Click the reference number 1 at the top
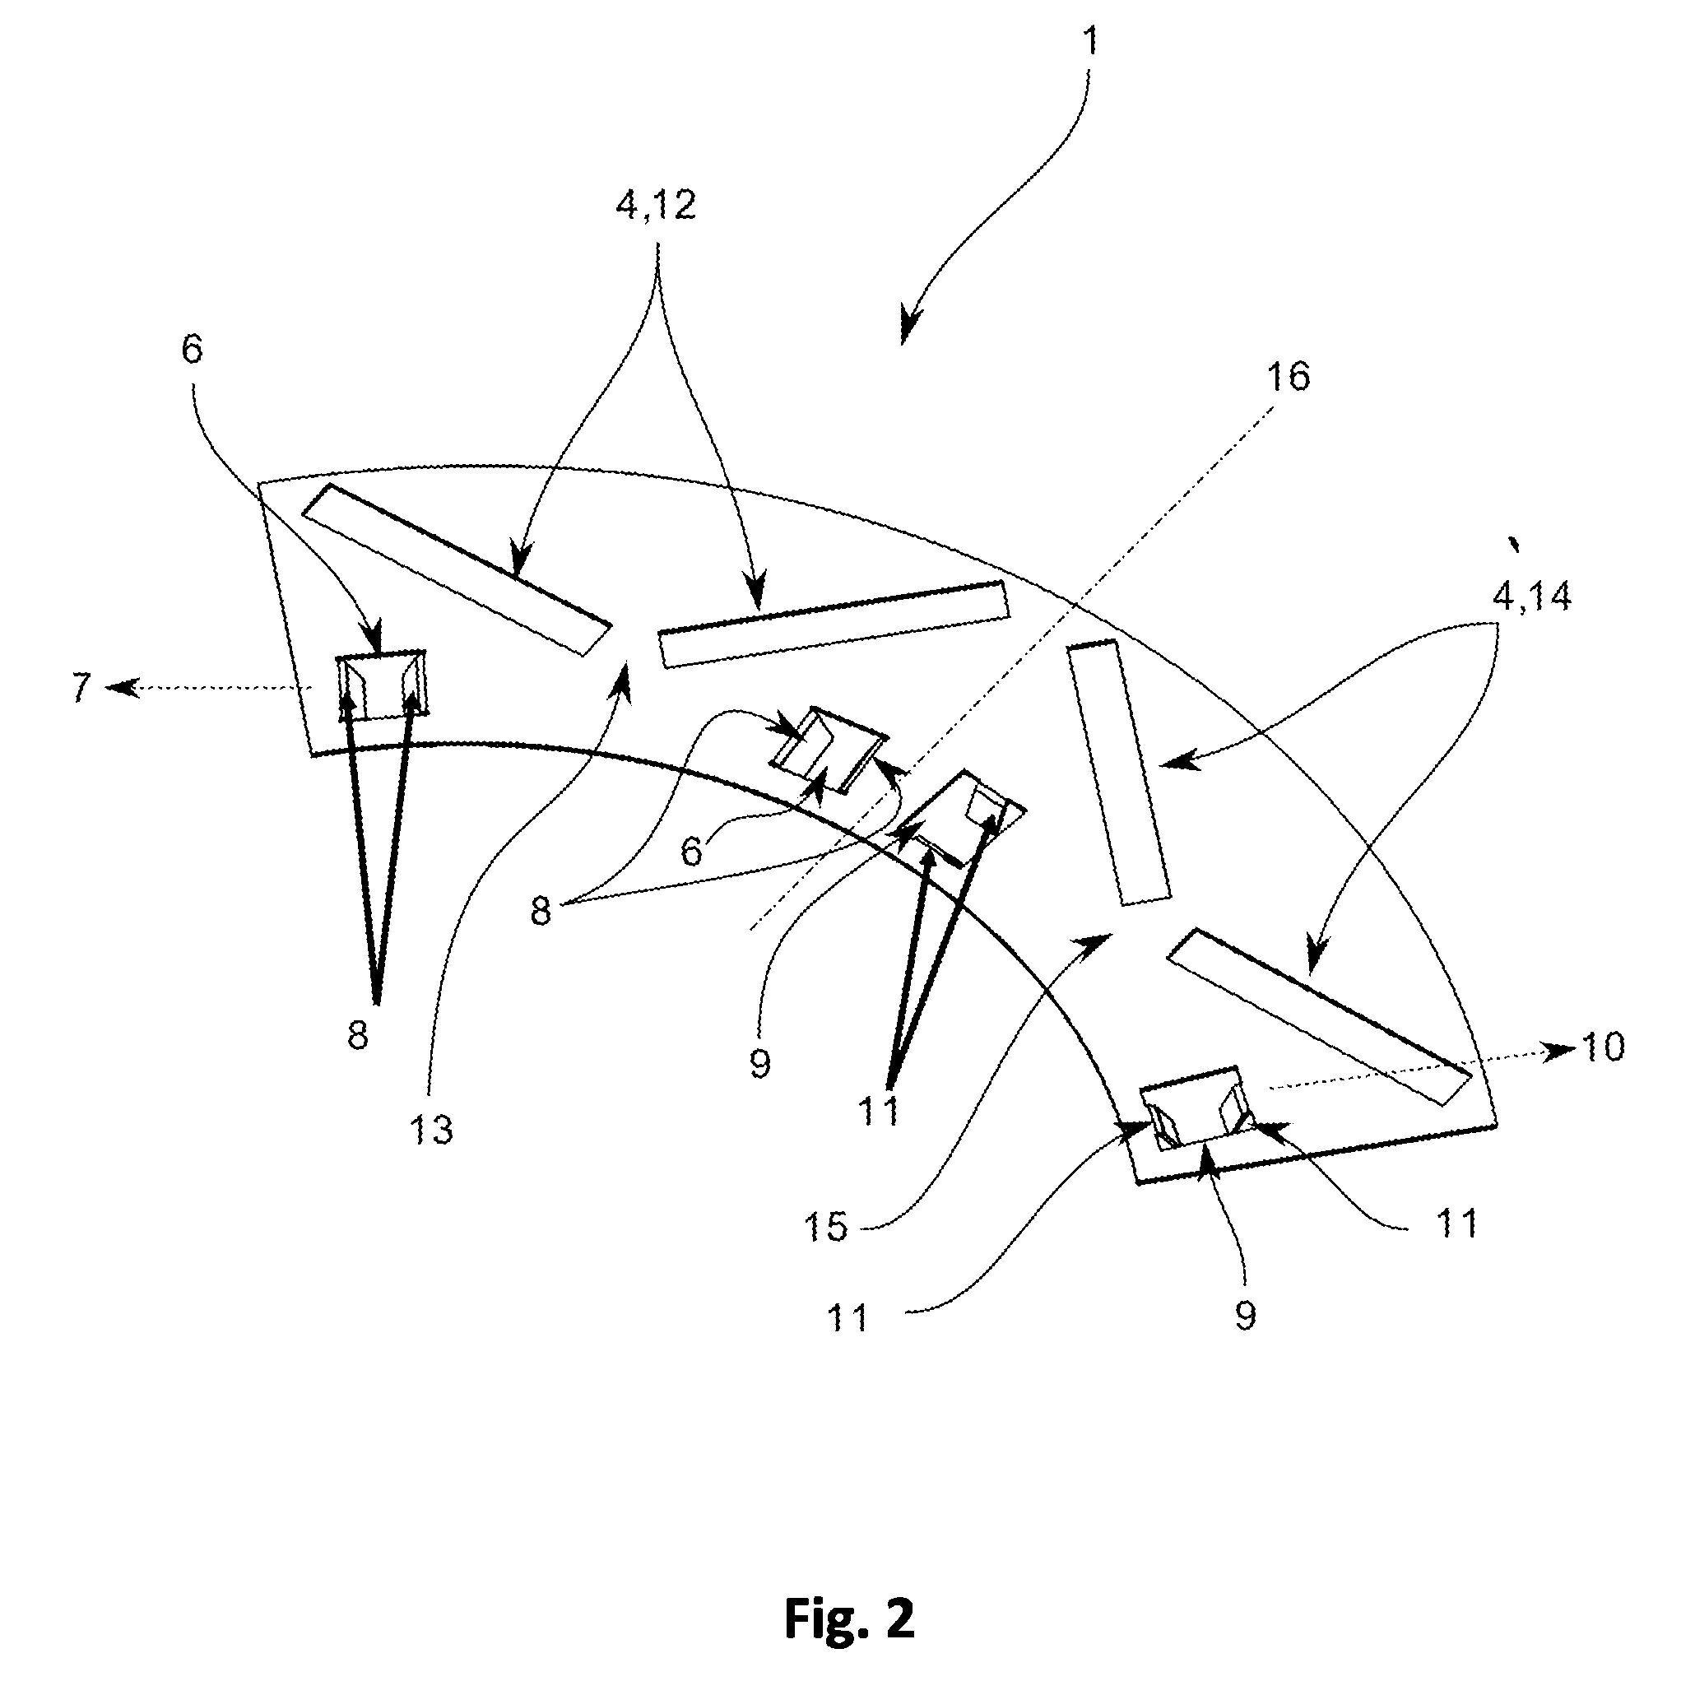click(x=1090, y=41)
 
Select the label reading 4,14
click(x=1532, y=597)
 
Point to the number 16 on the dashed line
click(x=1288, y=376)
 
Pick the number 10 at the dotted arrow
click(x=1602, y=1047)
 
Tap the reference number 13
click(x=431, y=1130)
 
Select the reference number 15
click(x=826, y=1228)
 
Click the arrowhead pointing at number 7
click(x=119, y=688)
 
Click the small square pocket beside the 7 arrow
click(x=383, y=685)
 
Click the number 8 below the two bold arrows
click(x=357, y=1036)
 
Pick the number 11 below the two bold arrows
click(x=879, y=1111)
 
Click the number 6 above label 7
click(x=191, y=349)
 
